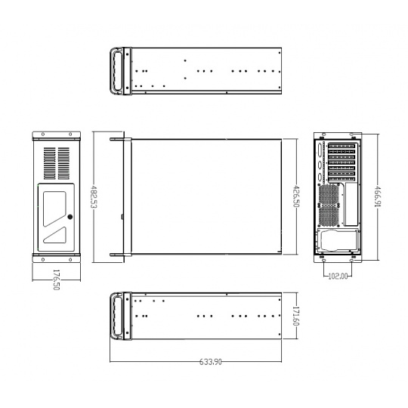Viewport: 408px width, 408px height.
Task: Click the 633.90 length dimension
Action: (211, 362)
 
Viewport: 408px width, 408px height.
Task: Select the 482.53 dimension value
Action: (94, 196)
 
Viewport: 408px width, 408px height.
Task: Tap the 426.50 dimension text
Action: (296, 196)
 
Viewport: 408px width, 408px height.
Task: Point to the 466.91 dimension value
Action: (378, 196)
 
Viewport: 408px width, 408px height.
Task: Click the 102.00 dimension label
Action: (338, 276)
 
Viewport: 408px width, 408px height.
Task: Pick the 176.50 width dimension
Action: (56, 280)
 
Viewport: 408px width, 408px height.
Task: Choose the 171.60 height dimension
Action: (296, 316)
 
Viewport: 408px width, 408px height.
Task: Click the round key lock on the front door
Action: (70, 217)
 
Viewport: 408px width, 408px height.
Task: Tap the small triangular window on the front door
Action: (54, 235)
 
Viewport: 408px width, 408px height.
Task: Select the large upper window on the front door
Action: (54, 209)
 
